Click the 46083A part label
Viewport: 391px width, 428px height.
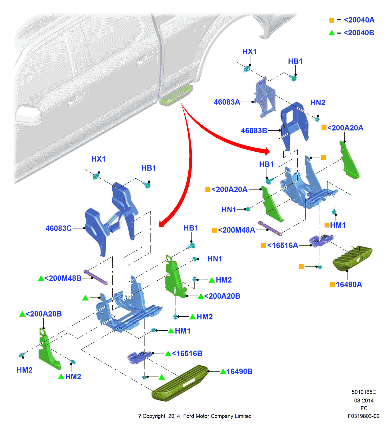(227, 102)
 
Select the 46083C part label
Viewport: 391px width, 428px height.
(58, 228)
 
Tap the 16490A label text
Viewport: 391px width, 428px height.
(349, 284)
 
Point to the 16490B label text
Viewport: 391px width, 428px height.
(239, 371)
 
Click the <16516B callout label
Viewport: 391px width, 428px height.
(187, 353)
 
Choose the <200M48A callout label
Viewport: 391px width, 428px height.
(236, 230)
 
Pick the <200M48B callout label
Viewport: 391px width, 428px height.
(63, 278)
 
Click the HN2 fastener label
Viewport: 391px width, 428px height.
(318, 103)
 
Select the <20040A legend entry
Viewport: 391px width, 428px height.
(359, 20)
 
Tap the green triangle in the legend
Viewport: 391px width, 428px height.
(332, 33)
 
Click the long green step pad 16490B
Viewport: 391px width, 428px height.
(180, 383)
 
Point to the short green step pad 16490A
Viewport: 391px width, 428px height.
(352, 258)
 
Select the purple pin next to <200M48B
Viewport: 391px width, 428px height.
(96, 277)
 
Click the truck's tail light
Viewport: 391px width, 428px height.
(29, 115)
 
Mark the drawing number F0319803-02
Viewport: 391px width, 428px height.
(363, 416)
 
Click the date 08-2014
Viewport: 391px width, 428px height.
(364, 400)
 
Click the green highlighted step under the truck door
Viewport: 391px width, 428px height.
(176, 95)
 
